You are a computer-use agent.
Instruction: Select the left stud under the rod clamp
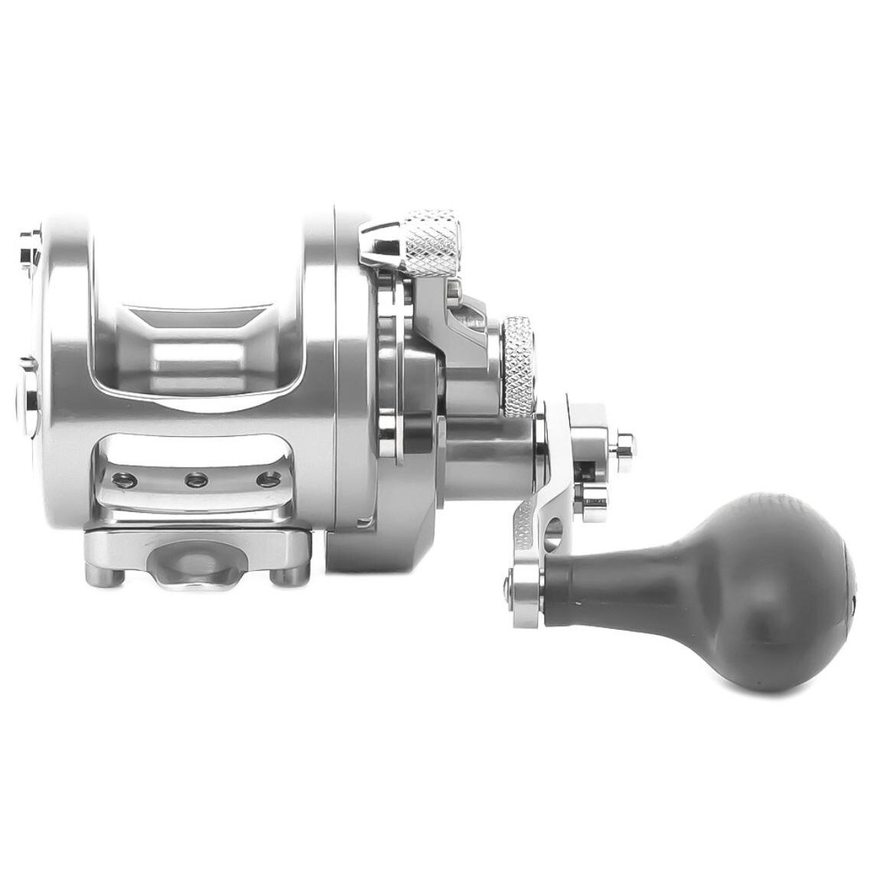tap(99, 576)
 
